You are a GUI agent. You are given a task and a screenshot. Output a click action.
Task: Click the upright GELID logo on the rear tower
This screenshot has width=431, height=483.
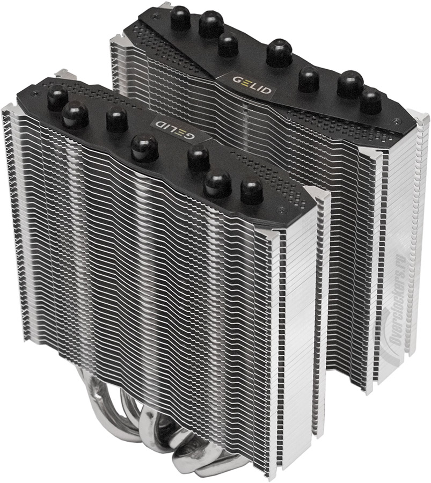coord(252,85)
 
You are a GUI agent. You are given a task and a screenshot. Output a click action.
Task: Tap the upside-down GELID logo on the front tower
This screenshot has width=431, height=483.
coord(174,127)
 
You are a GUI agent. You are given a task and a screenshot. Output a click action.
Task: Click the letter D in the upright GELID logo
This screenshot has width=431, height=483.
coord(266,90)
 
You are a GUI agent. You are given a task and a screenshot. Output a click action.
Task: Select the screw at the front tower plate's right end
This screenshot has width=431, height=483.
coord(280,210)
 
